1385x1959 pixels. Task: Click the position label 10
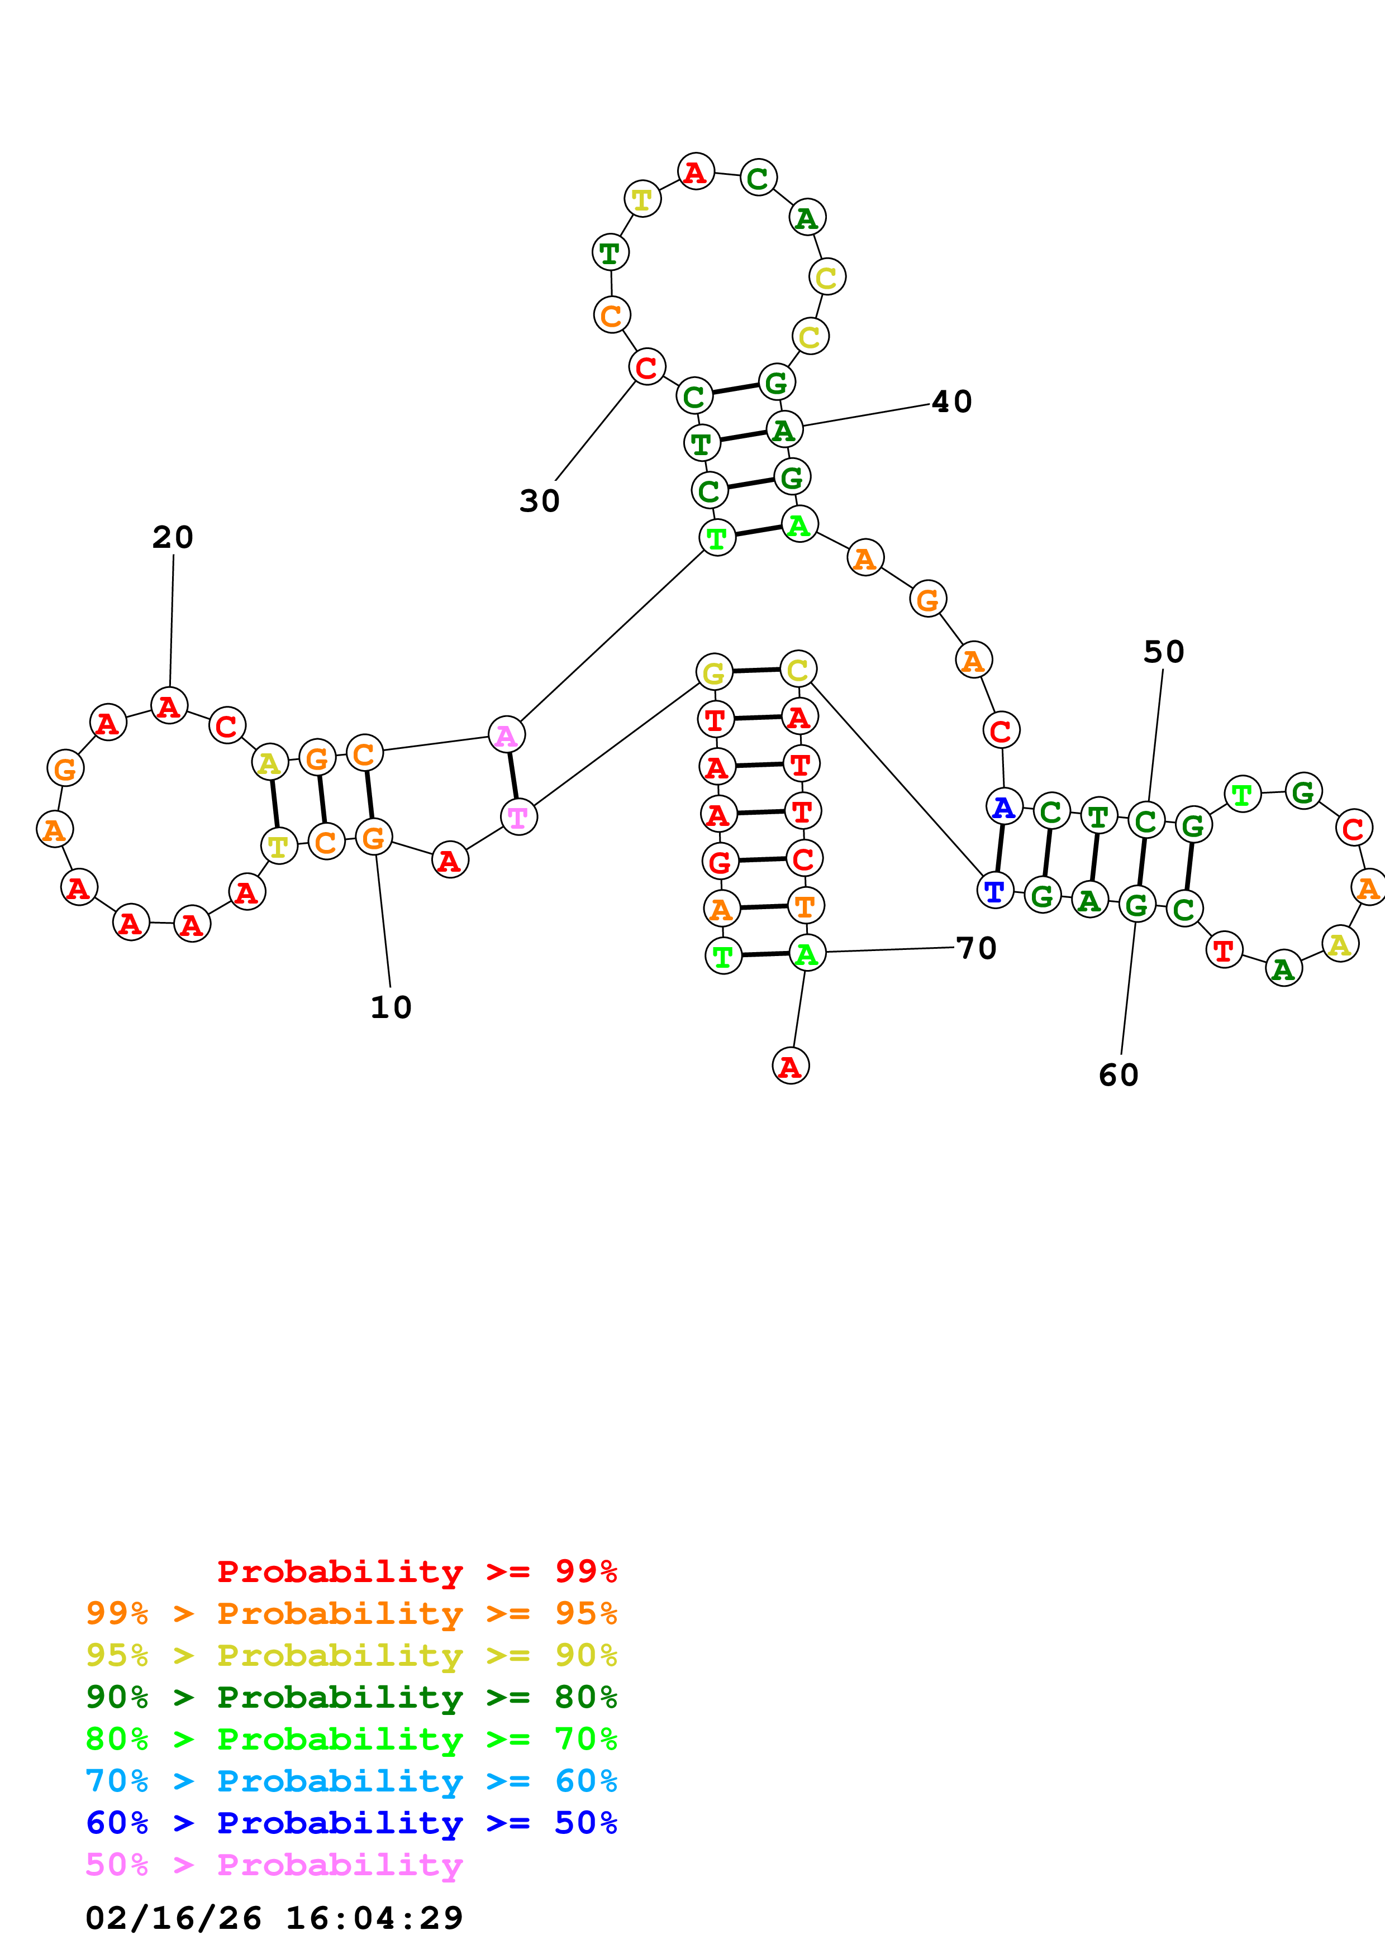coord(391,1007)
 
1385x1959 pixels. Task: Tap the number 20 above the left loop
coord(173,538)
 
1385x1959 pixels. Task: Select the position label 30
coord(539,501)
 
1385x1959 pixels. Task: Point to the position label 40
coord(951,402)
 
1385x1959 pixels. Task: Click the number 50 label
coord(1163,652)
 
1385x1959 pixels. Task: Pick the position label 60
coord(1118,1075)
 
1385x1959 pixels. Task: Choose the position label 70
coord(976,948)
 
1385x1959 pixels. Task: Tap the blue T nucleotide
coord(994,891)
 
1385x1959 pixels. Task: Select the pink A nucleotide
coord(506,735)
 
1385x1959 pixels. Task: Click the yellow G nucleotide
coord(714,672)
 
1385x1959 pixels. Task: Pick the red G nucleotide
coord(720,862)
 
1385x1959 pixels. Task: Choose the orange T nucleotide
coord(805,906)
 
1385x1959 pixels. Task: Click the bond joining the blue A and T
coord(1000,849)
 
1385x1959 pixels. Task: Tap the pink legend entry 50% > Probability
coord(274,1864)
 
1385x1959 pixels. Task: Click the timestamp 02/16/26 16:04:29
coord(274,1917)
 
